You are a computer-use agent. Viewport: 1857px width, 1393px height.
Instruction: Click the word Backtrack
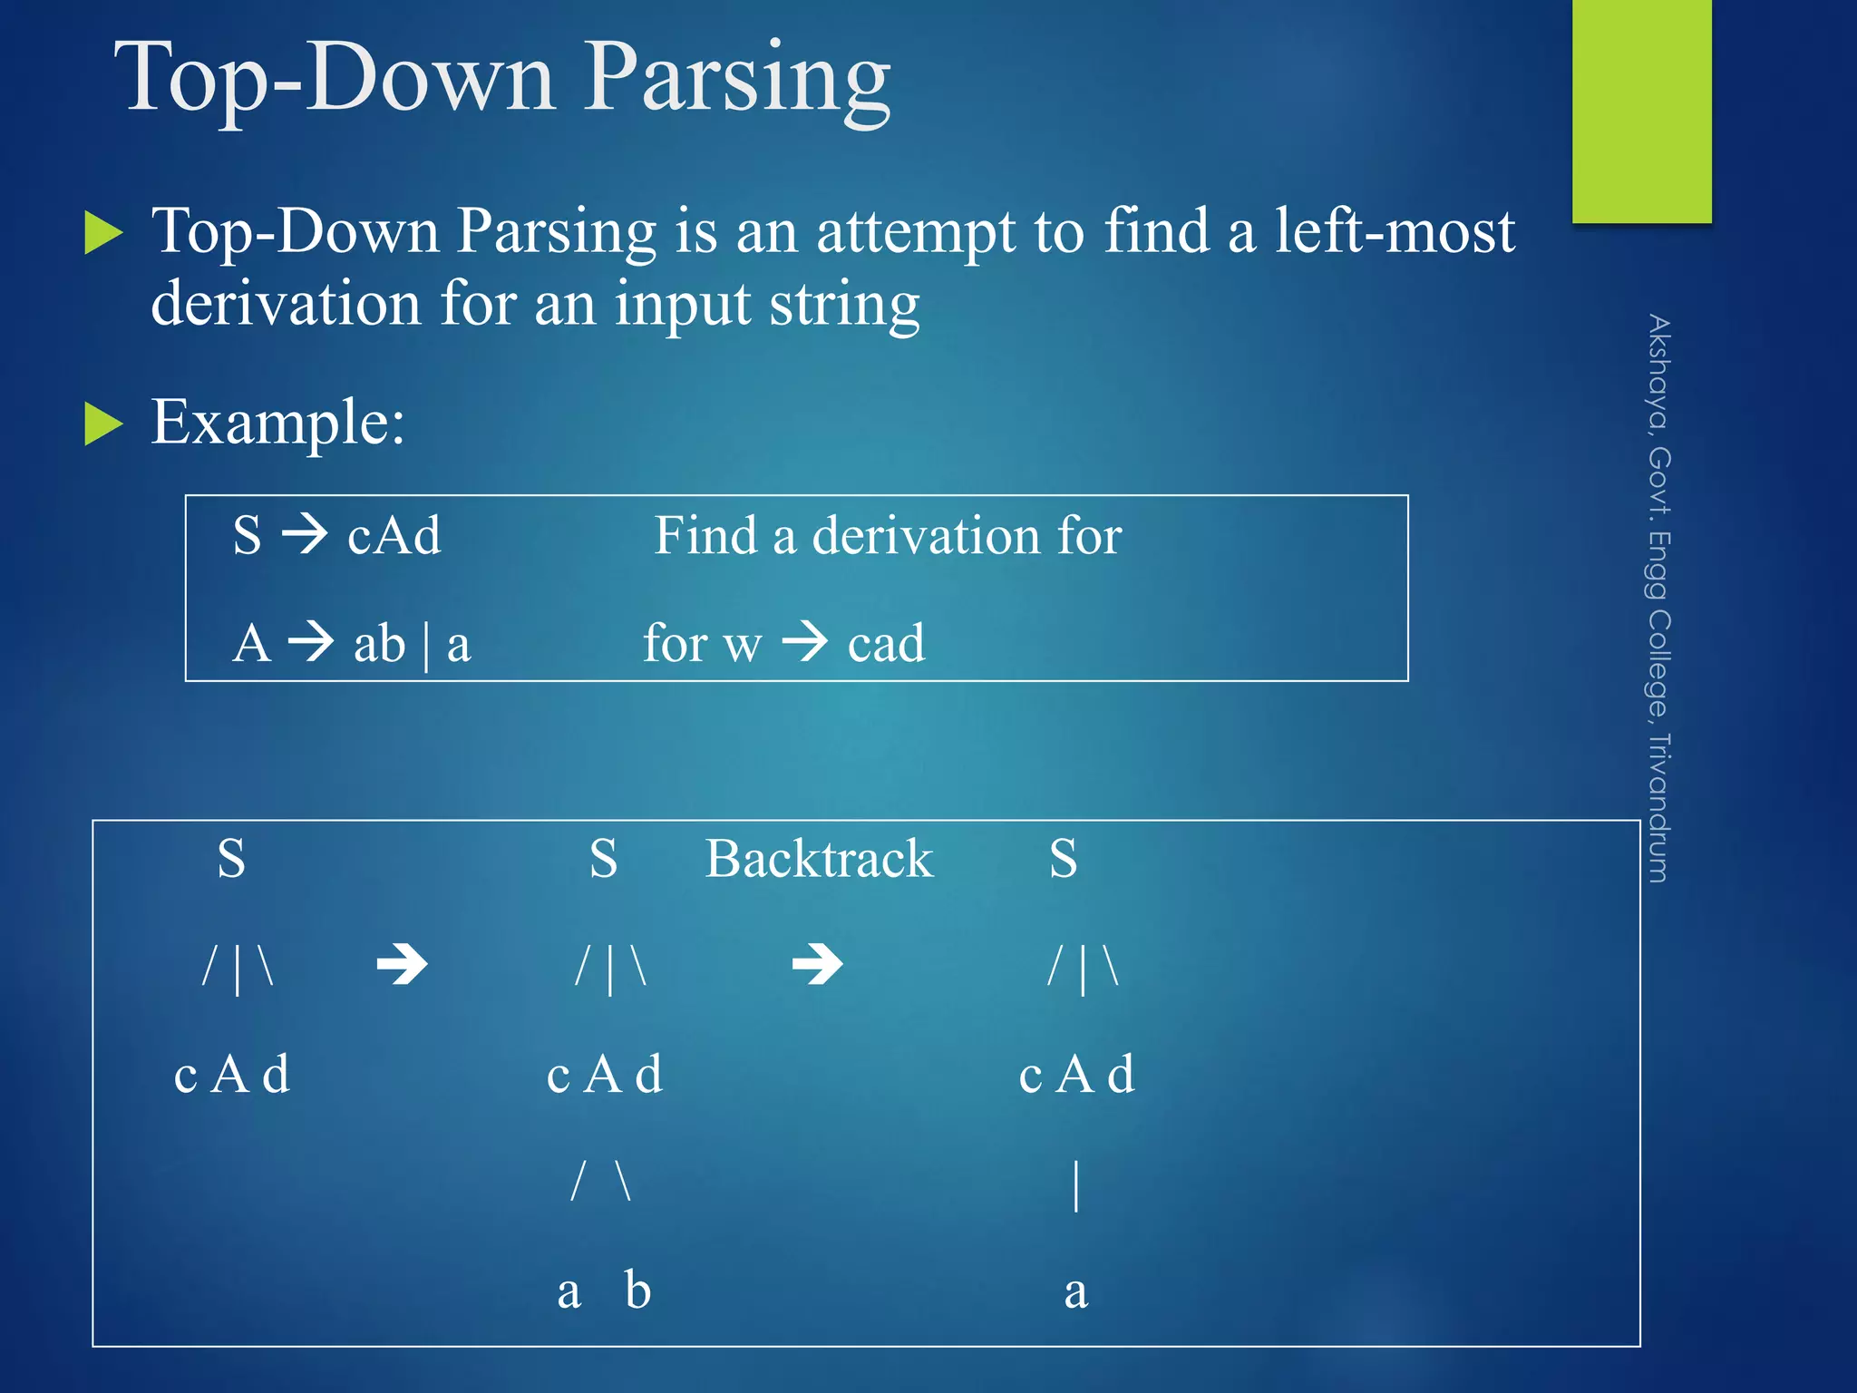tap(819, 859)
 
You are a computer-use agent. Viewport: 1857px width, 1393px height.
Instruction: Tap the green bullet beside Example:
tap(103, 424)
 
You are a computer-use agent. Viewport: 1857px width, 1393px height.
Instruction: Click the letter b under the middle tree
tap(637, 1290)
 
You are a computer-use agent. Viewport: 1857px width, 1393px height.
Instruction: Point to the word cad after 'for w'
tap(886, 644)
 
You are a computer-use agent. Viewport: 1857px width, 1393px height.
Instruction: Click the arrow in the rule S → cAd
tap(304, 534)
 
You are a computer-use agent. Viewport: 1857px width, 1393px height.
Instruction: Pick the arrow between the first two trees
tap(402, 964)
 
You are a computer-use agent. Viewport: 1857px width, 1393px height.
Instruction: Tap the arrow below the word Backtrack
tap(817, 964)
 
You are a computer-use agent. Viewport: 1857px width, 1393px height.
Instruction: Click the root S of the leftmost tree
tap(231, 859)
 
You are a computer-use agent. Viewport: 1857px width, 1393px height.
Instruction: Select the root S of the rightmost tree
tap(1064, 859)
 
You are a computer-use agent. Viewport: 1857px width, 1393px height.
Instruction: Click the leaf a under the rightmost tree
tap(1075, 1291)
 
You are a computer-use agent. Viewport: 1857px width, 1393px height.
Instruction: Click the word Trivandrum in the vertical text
tap(1658, 807)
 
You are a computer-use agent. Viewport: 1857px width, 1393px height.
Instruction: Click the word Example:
tap(277, 423)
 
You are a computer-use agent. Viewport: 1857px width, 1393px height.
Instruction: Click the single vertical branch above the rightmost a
tap(1076, 1184)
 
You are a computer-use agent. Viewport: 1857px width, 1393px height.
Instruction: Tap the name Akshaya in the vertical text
tap(1658, 372)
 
